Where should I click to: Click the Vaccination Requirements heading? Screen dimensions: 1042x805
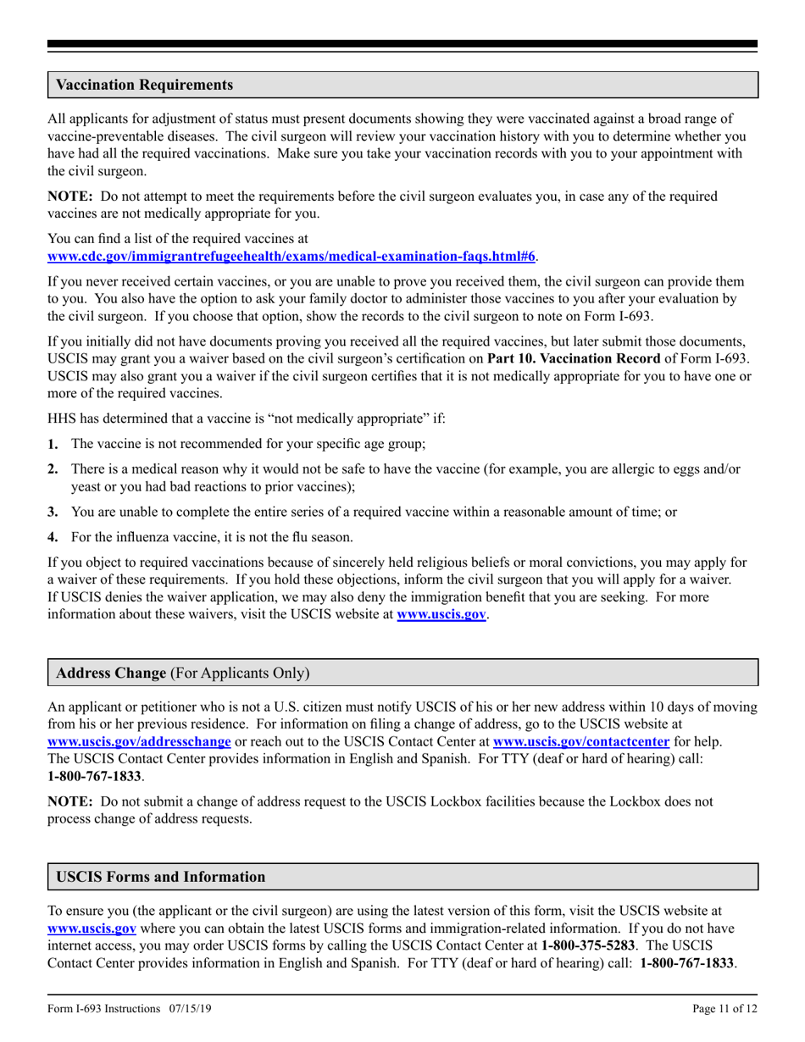(x=144, y=86)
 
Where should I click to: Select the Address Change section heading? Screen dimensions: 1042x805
(x=110, y=673)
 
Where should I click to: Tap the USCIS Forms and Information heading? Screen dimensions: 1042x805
(x=160, y=877)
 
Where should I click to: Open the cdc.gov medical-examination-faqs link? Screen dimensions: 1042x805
(x=291, y=255)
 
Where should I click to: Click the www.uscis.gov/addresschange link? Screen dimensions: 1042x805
(x=139, y=742)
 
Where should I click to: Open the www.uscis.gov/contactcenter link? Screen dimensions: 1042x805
(x=581, y=742)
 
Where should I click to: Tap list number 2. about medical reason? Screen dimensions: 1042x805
(x=53, y=468)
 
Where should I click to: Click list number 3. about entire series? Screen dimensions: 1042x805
(x=53, y=512)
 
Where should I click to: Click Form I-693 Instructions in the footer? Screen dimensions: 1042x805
(x=103, y=1009)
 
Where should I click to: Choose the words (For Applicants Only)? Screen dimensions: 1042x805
(x=240, y=673)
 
